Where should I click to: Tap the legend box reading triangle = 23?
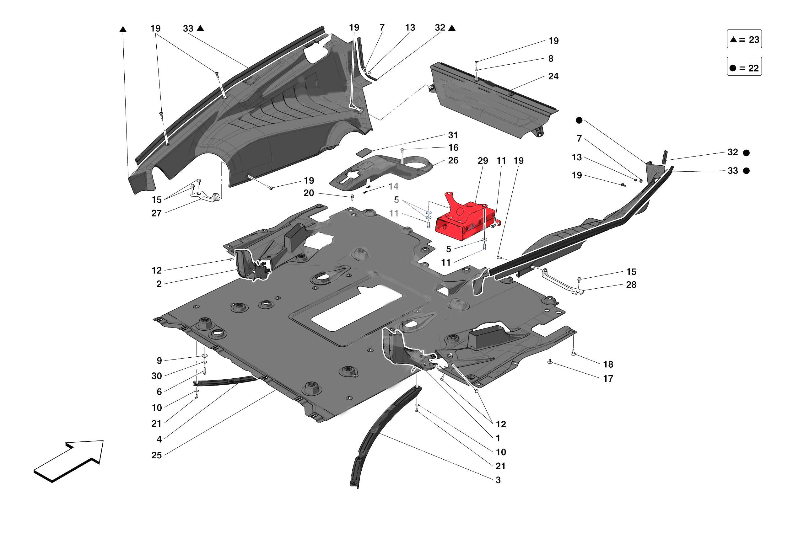[x=744, y=39]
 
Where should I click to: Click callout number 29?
[x=483, y=161]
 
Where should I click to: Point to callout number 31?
[x=453, y=135]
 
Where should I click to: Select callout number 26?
[x=453, y=161]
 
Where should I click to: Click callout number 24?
[x=553, y=76]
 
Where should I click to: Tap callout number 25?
[x=156, y=456]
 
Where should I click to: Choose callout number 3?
[x=498, y=480]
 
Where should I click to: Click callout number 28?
[x=631, y=285]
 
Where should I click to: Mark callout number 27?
[x=156, y=213]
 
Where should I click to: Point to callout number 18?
[x=608, y=364]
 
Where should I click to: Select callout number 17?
[x=608, y=379]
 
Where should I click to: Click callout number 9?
[x=159, y=361]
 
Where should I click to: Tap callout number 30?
[x=156, y=376]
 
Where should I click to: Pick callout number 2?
[x=159, y=284]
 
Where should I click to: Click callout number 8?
[x=551, y=59]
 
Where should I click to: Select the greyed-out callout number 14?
[x=393, y=187]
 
